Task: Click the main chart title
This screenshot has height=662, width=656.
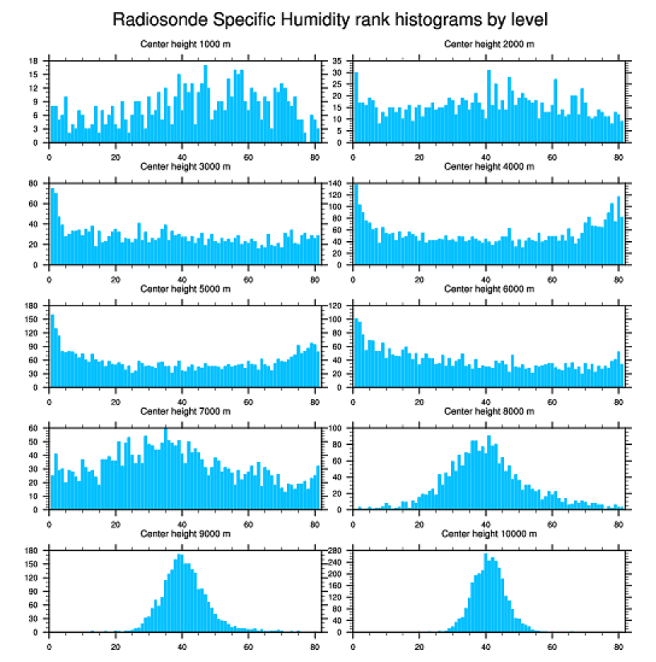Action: coord(330,18)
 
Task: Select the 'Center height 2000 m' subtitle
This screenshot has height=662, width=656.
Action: coord(489,43)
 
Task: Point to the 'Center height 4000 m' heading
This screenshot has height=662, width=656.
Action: coord(489,166)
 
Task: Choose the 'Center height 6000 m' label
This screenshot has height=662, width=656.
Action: coord(489,288)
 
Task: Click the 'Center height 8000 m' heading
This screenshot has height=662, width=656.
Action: coord(489,411)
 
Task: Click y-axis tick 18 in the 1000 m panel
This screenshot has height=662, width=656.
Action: coord(35,61)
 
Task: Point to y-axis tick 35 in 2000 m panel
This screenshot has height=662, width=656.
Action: coord(338,61)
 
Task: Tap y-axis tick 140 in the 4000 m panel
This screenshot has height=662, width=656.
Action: coord(337,184)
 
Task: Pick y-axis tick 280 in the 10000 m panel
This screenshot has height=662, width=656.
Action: coord(337,550)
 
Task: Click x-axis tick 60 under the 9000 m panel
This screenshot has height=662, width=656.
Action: coord(248,644)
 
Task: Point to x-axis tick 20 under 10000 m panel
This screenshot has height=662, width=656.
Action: coord(420,644)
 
